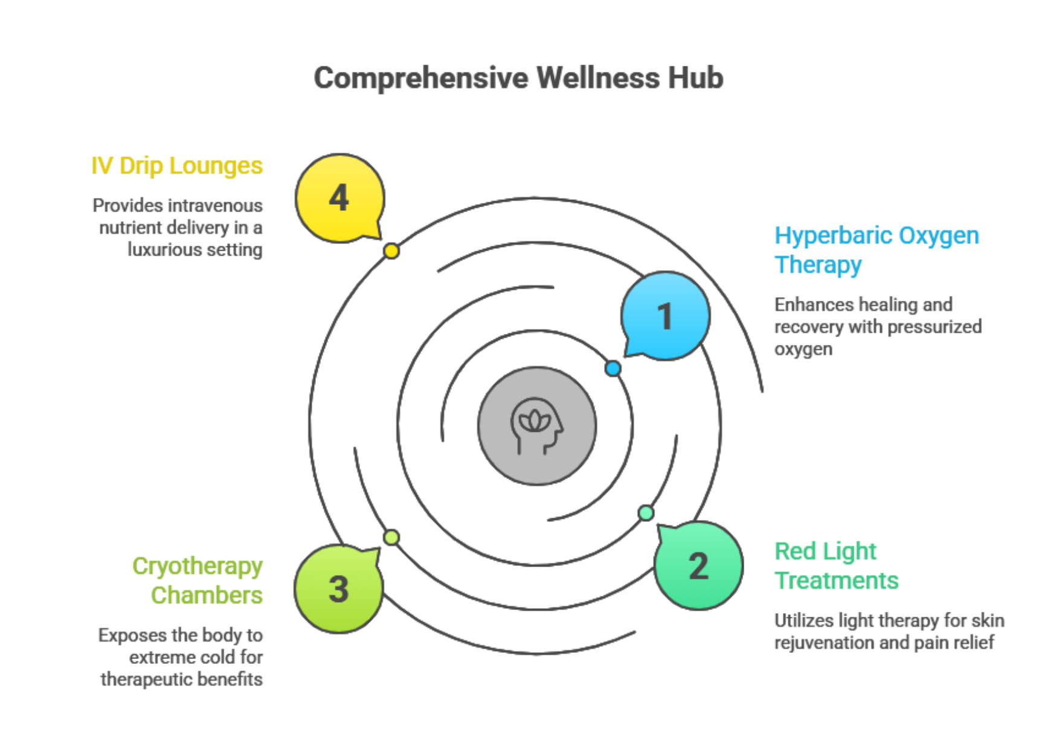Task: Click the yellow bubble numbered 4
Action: click(340, 198)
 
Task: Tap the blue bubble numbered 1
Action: click(665, 316)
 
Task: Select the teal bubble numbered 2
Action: click(698, 566)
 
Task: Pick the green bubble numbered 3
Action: click(339, 589)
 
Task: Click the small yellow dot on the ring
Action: click(391, 251)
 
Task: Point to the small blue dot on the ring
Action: click(613, 368)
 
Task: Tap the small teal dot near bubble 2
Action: click(646, 513)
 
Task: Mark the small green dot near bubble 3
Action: click(391, 537)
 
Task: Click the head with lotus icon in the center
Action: click(536, 426)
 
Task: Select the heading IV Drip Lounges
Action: click(177, 166)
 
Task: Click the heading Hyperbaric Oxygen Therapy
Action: click(877, 249)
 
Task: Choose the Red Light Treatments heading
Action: click(837, 565)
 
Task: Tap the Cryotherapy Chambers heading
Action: click(198, 580)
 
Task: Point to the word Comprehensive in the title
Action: click(421, 78)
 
